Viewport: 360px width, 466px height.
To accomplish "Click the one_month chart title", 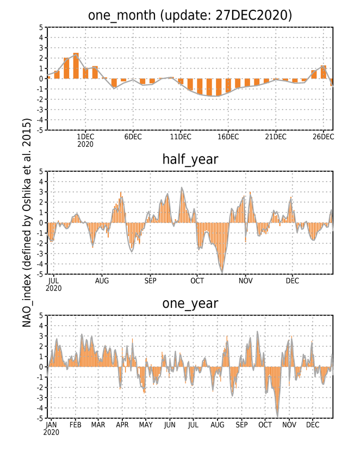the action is pyautogui.click(x=190, y=15).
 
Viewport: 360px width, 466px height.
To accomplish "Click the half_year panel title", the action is pyautogui.click(x=190, y=160).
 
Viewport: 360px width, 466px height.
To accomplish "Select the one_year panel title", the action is pyautogui.click(x=190, y=304).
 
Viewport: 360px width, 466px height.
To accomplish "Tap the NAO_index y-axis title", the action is pyautogui.click(x=27, y=222).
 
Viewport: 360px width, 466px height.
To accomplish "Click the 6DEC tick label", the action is pyautogui.click(x=133, y=136).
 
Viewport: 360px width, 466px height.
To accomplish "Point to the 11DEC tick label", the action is pyautogui.click(x=181, y=136).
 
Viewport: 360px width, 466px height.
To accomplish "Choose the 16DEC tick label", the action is pyautogui.click(x=228, y=136).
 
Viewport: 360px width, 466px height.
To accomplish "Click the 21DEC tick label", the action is pyautogui.click(x=276, y=136).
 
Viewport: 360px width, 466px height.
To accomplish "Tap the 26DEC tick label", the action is pyautogui.click(x=323, y=136).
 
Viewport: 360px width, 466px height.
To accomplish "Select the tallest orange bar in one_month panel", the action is pyautogui.click(x=76, y=66).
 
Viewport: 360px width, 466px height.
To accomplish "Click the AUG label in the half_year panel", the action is pyautogui.click(x=102, y=281).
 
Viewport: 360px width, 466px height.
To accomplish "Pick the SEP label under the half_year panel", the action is pyautogui.click(x=151, y=281).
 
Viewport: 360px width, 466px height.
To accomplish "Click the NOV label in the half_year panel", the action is pyautogui.click(x=246, y=281).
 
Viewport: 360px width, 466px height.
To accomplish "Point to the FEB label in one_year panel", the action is pyautogui.click(x=75, y=425).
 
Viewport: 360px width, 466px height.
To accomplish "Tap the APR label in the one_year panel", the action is pyautogui.click(x=122, y=425).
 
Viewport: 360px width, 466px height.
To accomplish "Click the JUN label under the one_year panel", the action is pyautogui.click(x=170, y=425).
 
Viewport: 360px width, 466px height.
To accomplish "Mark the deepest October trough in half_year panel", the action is pyautogui.click(x=222, y=272).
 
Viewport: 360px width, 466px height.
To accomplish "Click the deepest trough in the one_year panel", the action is pyautogui.click(x=277, y=417).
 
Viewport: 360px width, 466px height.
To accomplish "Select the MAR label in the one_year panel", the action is pyautogui.click(x=98, y=425).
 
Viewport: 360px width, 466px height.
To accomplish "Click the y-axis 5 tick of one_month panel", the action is pyautogui.click(x=41, y=27).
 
